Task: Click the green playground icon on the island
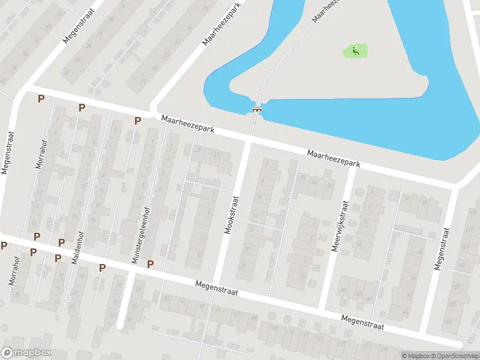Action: coord(355,51)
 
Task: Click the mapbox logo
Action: coord(26,353)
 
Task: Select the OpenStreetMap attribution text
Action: coord(453,356)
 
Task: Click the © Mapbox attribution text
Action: coord(415,356)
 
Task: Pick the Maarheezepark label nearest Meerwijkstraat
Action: coord(334,158)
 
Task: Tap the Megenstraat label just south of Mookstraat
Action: coord(217,288)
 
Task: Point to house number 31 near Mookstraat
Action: coord(215,154)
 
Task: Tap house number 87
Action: coord(166,298)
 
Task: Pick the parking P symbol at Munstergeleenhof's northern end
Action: coord(137,121)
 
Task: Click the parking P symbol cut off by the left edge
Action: coord(4,245)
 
